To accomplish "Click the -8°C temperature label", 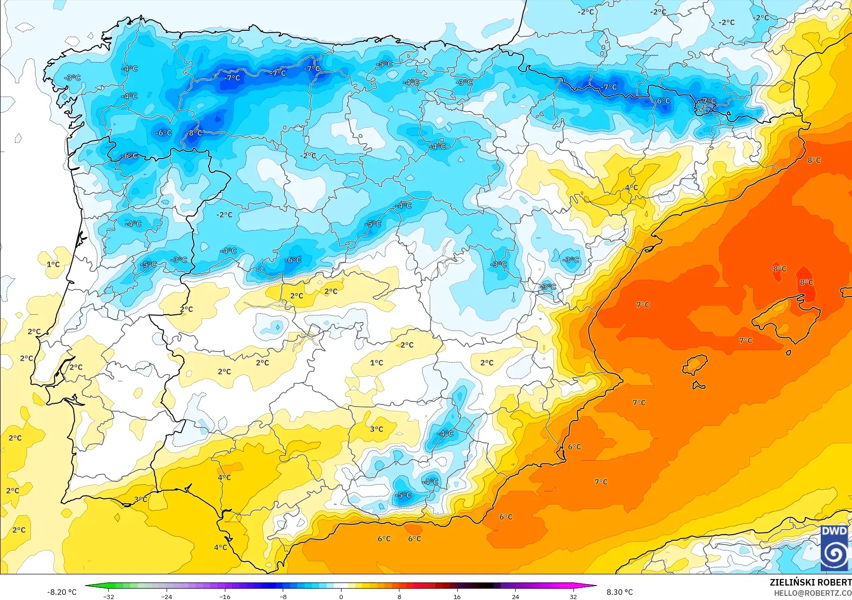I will [x=195, y=133].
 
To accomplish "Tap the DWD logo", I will [x=834, y=548].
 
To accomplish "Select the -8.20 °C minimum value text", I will [x=62, y=592].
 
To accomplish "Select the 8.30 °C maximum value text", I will [x=620, y=592].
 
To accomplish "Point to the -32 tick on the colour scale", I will [x=109, y=596].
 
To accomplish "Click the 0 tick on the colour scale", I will [x=341, y=596].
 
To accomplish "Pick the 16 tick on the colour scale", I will [x=457, y=596].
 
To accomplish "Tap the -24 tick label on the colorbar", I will [x=167, y=596].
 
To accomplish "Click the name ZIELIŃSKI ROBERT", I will [x=810, y=582].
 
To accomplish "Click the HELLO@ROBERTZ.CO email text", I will [x=812, y=593].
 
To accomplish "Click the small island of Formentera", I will [x=698, y=386].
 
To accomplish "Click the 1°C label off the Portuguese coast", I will [x=53, y=264].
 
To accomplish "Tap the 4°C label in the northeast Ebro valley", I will [x=631, y=187].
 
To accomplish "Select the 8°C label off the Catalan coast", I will [x=814, y=160].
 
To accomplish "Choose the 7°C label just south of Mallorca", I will [x=746, y=340].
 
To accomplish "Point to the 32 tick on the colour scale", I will [x=573, y=596].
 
